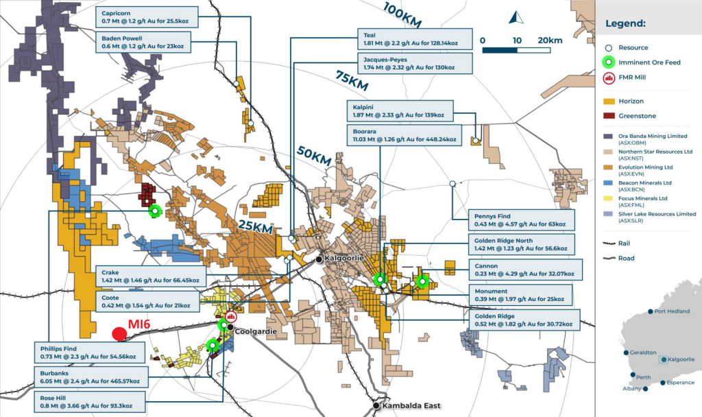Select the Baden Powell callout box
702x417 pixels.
pyautogui.click(x=143, y=43)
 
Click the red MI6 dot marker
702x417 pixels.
pyautogui.click(x=119, y=334)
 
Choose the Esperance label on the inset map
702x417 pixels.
pyautogui.click(x=671, y=383)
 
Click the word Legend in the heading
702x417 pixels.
pyautogui.click(x=627, y=23)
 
